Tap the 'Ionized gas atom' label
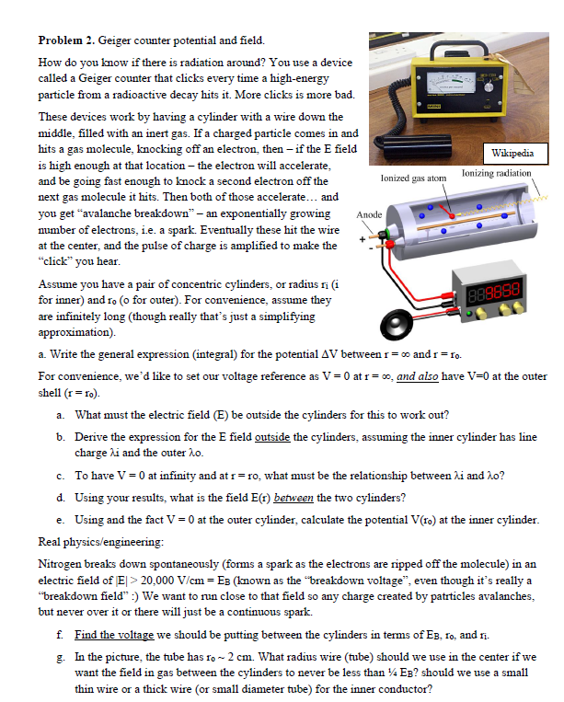(412, 175)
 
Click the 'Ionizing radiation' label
(496, 173)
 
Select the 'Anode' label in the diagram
(369, 214)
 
